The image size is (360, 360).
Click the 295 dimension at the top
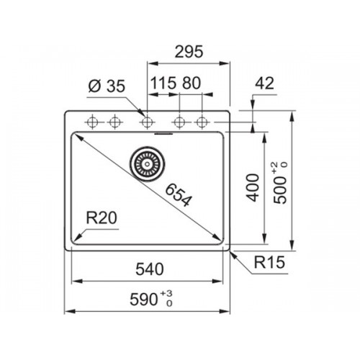coord(189,52)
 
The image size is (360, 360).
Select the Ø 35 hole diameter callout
coord(107,86)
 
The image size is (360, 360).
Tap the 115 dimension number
coord(163,83)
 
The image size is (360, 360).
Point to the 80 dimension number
coord(192,83)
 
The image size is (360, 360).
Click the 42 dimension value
coord(264,84)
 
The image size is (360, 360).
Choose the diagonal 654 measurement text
coord(179,194)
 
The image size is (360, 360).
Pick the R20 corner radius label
coord(102,218)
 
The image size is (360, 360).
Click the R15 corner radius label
coord(269,262)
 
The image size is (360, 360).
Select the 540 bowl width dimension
coord(150,269)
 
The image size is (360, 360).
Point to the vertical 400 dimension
coord(253,188)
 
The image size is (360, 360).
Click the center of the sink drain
coord(148,164)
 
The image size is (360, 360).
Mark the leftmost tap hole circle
coord(92,122)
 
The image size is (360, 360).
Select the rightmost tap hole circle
coord(202,122)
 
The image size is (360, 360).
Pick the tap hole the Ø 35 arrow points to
coord(147,122)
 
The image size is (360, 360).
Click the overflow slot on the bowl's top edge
coord(163,133)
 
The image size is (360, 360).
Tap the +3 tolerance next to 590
coord(166,293)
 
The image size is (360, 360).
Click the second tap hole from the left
coord(114,122)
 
